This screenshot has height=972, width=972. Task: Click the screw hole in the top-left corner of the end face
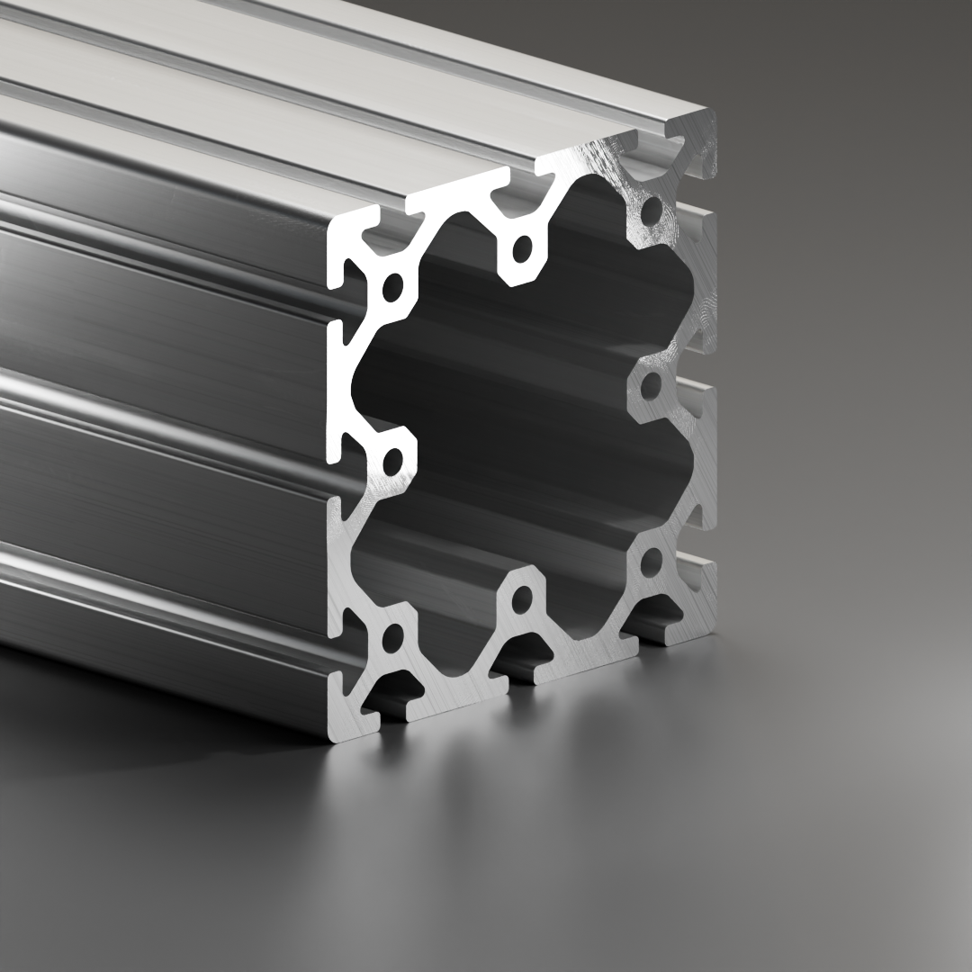point(393,288)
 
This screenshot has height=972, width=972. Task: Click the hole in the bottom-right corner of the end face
point(652,563)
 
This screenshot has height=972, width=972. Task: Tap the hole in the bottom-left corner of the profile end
point(392,638)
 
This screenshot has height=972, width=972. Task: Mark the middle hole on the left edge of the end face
point(392,463)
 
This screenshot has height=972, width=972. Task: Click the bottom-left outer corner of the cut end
point(331,738)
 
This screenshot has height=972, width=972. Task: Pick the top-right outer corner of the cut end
point(715,112)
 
